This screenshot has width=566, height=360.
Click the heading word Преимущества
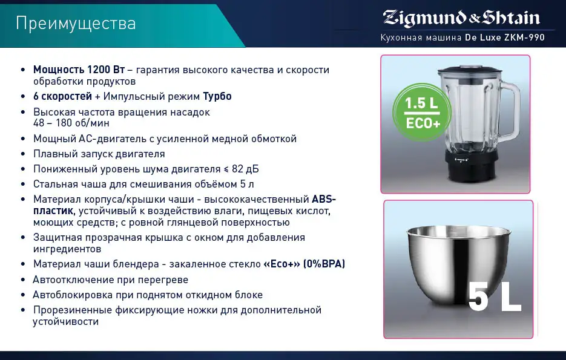(76, 24)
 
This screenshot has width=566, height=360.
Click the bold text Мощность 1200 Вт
(79, 70)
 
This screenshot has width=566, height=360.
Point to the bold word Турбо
(217, 96)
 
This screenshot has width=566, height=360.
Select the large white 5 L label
(494, 297)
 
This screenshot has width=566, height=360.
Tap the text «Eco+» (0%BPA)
(304, 264)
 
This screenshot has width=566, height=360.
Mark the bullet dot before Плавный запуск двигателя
(23, 154)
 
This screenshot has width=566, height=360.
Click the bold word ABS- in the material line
(323, 198)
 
